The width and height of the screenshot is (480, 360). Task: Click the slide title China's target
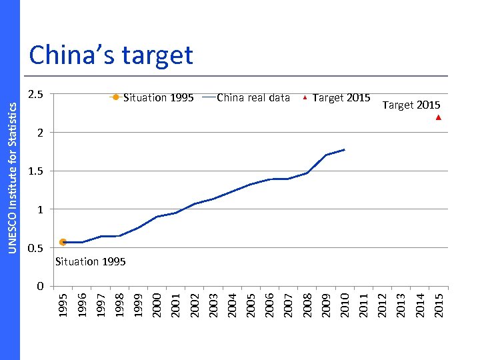coord(111,55)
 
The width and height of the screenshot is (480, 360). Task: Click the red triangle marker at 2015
coord(438,118)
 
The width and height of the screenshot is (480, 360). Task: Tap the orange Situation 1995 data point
coord(63,242)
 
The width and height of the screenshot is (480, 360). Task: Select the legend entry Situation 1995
coord(152,98)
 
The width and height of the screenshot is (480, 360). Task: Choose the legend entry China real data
coord(245,98)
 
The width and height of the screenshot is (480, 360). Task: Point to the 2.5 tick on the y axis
coord(36,95)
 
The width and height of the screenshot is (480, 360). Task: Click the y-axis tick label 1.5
coord(36,171)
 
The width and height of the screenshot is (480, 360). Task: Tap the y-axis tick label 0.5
coord(36,248)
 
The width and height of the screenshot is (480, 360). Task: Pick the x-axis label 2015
coord(439,303)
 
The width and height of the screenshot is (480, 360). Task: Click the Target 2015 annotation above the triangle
coord(411,105)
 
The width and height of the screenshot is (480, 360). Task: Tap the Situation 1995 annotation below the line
coord(90,261)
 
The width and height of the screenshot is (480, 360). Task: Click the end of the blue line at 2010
coord(344,149)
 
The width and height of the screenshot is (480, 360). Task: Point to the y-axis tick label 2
coord(40,133)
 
